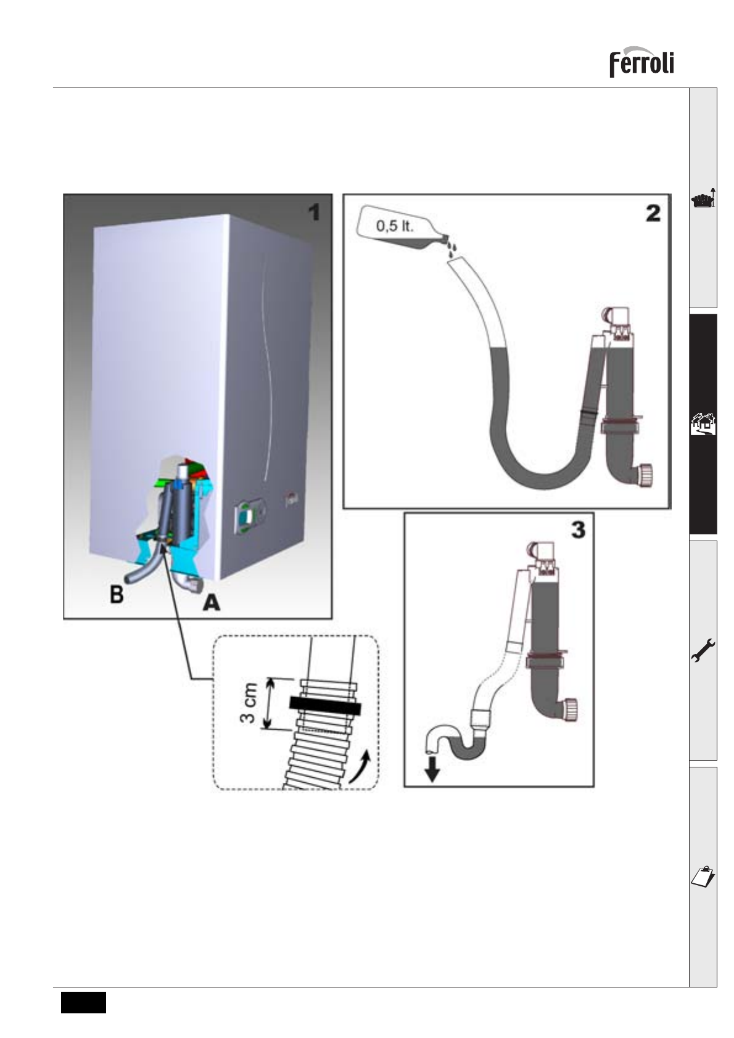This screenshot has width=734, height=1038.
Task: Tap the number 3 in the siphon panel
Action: tap(577, 530)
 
